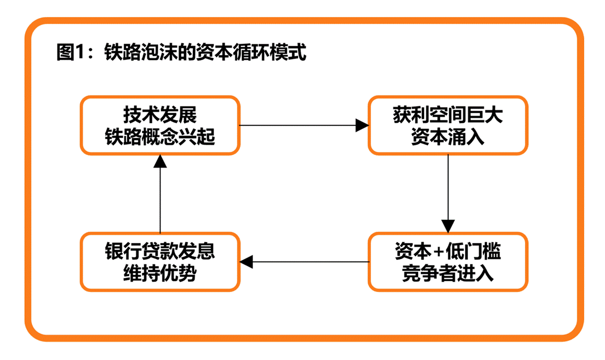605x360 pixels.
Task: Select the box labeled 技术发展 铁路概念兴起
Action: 160,125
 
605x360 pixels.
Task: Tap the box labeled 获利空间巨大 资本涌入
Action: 448,125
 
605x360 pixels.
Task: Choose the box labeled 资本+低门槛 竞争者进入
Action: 448,262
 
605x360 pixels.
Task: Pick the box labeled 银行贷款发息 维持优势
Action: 160,262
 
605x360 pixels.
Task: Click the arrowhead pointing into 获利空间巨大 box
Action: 362,125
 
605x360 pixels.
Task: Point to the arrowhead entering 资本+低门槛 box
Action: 448,226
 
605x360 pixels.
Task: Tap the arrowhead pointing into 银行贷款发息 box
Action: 247,262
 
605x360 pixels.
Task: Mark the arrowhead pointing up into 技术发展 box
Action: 160,161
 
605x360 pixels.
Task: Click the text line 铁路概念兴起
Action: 160,136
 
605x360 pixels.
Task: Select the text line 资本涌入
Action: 448,136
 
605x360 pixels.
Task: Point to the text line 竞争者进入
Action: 448,272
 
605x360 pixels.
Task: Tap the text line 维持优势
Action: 160,272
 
